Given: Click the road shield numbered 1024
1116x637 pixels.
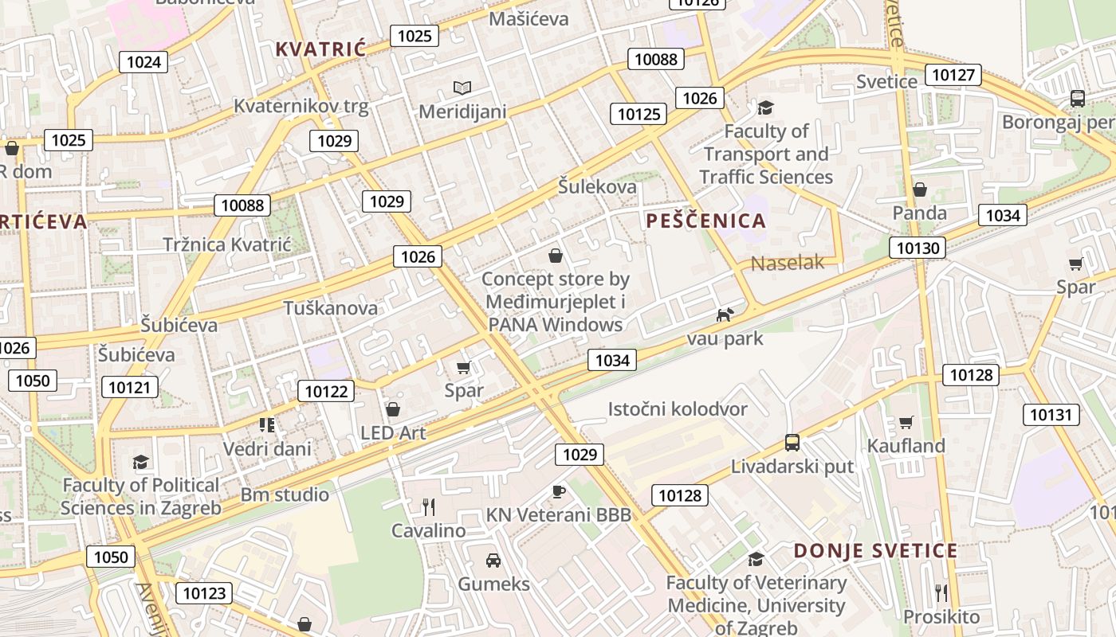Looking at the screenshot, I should [143, 61].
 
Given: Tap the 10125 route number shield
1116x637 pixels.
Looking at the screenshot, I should [639, 114].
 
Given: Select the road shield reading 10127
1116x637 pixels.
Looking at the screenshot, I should [953, 75].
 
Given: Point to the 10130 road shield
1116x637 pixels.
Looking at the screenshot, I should [918, 248].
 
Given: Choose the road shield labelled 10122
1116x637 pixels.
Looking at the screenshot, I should [326, 391].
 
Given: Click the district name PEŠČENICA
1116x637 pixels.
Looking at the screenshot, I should [706, 221].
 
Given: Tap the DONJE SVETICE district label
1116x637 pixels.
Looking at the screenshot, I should [875, 551].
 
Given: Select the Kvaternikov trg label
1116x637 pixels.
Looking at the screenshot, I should [301, 106].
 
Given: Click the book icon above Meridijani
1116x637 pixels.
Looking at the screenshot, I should [462, 88].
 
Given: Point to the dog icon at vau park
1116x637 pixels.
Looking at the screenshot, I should [725, 315].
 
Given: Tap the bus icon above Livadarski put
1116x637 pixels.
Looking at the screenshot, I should [792, 443].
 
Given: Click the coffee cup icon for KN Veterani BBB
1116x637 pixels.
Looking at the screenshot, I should [558, 491].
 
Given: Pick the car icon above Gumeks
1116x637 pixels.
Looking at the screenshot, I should [493, 561].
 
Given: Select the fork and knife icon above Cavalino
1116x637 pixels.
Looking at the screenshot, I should [428, 506].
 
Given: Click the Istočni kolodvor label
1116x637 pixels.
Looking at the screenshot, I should [678, 409].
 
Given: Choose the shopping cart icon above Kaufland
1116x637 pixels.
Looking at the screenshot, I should [906, 422].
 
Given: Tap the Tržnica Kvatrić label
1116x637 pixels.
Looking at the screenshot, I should [227, 244].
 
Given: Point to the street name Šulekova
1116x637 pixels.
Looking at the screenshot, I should [597, 187].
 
